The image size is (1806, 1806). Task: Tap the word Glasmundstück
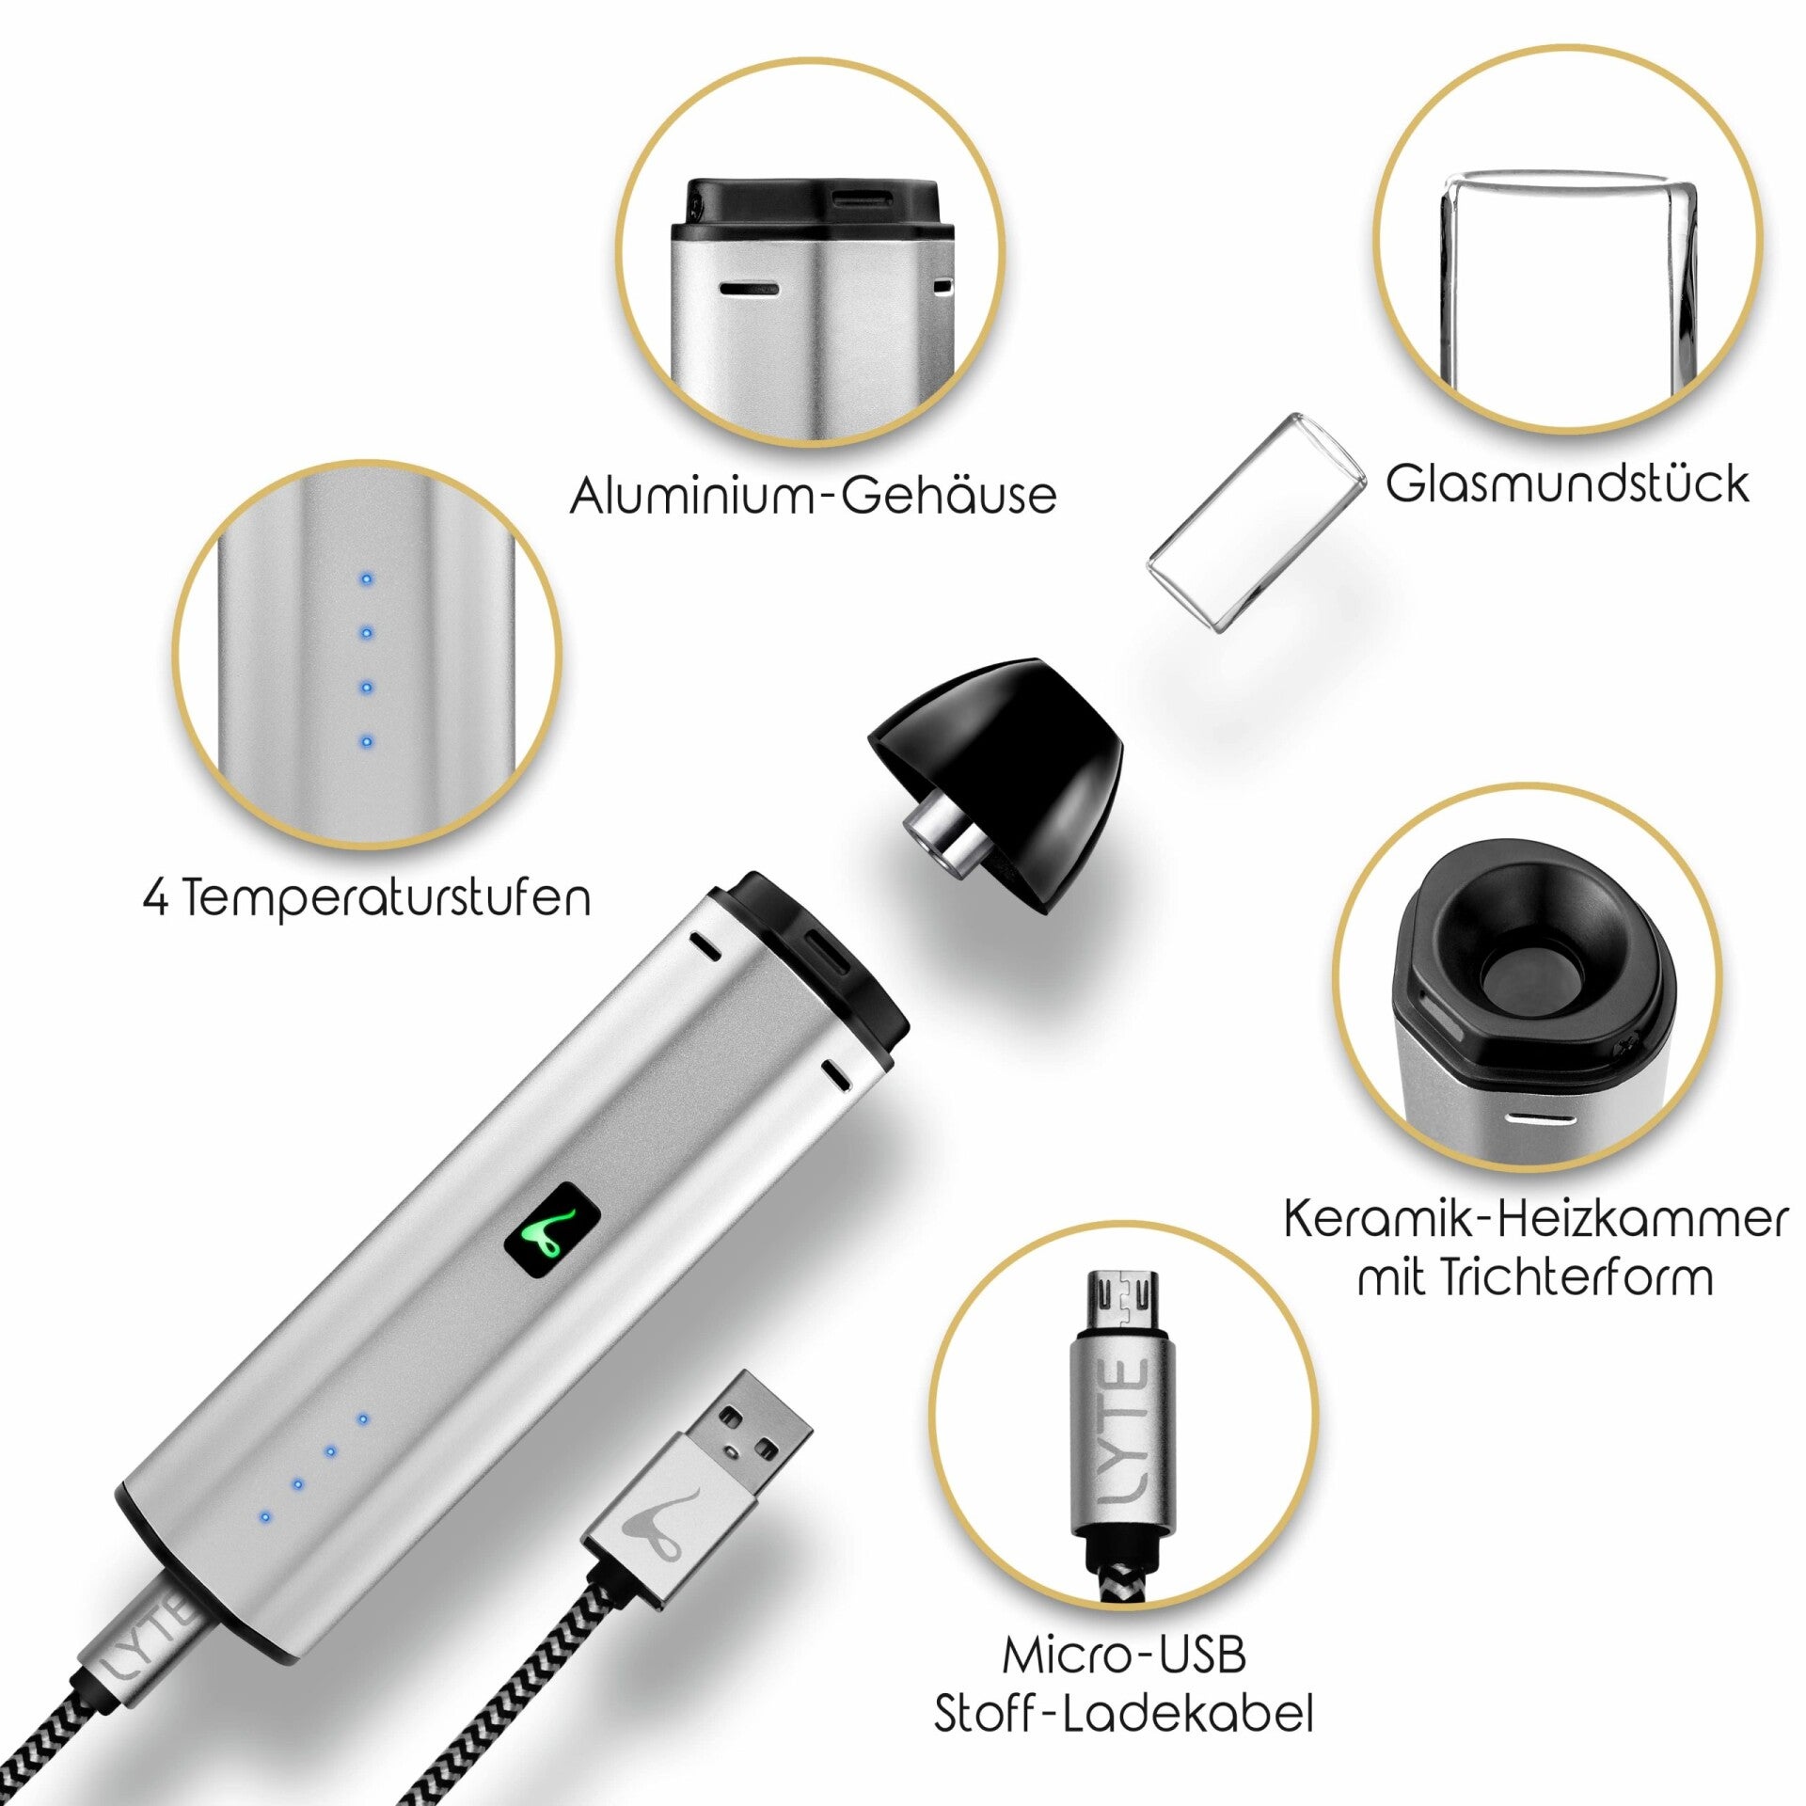1567,483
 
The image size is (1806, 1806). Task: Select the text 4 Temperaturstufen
367,898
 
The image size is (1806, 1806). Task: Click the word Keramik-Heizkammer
1535,1220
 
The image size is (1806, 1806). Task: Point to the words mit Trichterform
1535,1277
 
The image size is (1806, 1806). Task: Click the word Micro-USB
1124,1655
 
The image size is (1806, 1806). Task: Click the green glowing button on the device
553,1235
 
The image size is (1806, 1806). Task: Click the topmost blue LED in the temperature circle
367,579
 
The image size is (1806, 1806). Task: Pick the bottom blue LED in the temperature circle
367,741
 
